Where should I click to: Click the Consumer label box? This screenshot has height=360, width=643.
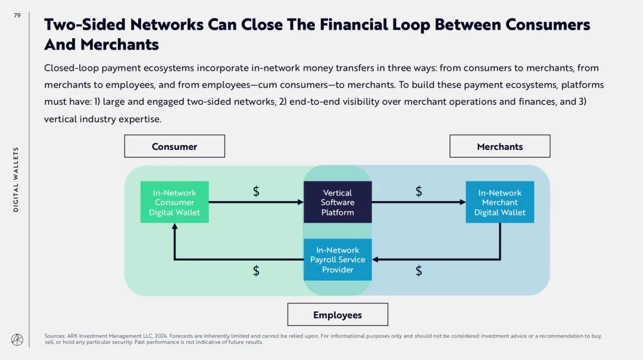pos(174,146)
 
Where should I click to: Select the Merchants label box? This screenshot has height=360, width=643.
pos(500,146)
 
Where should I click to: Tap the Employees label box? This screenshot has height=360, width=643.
pos(338,315)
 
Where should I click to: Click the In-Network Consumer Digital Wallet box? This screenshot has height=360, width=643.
pos(174,202)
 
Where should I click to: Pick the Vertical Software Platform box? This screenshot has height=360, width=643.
pos(338,202)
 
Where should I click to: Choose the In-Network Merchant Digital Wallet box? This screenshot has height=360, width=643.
pos(500,202)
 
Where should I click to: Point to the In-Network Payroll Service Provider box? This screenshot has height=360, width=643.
pos(338,259)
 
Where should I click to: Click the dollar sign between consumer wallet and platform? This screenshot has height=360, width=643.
pos(256,191)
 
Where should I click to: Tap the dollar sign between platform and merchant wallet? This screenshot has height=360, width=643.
pos(419,191)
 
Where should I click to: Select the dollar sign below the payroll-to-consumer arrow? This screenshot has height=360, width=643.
pos(256,271)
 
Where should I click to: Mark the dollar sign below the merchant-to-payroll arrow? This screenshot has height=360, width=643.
pos(419,271)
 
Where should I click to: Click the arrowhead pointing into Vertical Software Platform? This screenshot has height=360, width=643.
pos(301,202)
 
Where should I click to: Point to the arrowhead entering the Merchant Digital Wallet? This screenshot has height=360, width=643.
pos(463,202)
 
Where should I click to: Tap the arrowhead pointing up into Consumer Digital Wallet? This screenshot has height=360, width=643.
pos(174,227)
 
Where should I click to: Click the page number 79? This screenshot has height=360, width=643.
pos(17,15)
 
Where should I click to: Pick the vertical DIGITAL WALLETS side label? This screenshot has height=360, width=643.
pos(16,179)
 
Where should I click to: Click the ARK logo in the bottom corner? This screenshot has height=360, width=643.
pos(17,339)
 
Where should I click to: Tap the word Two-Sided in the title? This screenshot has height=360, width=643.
pos(84,24)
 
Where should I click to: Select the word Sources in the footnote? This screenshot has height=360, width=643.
pos(55,336)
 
